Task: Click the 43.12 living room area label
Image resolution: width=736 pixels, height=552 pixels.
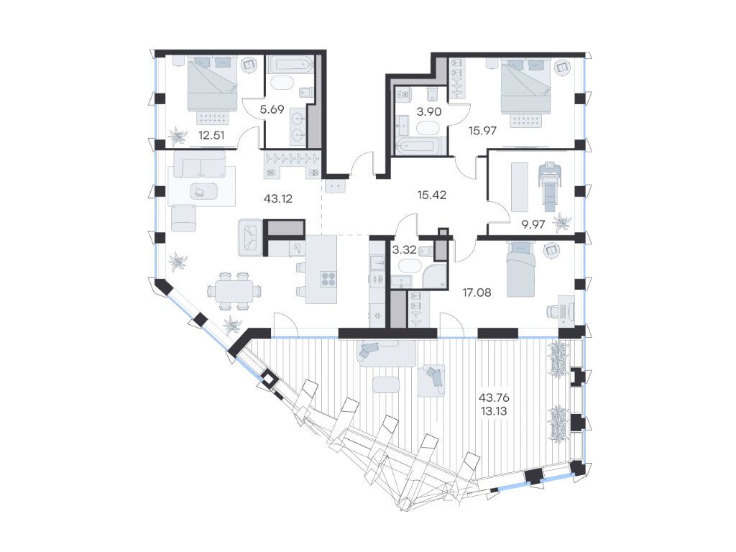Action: (x=278, y=198)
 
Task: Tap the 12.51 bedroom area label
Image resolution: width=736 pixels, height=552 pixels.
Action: (x=211, y=136)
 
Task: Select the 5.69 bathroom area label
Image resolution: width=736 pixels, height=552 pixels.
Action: (x=272, y=109)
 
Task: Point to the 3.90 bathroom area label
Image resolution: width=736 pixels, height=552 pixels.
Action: (x=429, y=111)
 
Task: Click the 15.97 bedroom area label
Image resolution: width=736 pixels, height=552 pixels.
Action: (x=482, y=131)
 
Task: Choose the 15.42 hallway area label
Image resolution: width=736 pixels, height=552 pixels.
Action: (x=432, y=195)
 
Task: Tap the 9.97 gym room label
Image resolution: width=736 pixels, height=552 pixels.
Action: (x=533, y=224)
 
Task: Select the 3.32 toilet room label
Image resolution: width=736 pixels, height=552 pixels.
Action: (x=404, y=249)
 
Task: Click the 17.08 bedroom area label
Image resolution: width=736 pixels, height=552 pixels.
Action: (x=477, y=293)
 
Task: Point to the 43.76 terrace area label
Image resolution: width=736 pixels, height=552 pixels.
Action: (x=494, y=397)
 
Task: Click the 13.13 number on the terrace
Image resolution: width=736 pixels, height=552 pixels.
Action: (x=494, y=411)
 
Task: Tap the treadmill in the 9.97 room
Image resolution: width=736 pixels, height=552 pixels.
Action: (x=549, y=187)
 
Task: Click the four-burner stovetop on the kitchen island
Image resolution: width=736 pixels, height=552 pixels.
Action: (x=328, y=280)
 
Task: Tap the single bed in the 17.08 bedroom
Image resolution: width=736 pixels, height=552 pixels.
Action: (x=521, y=270)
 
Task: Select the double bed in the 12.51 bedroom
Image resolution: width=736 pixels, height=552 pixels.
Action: (x=212, y=84)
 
